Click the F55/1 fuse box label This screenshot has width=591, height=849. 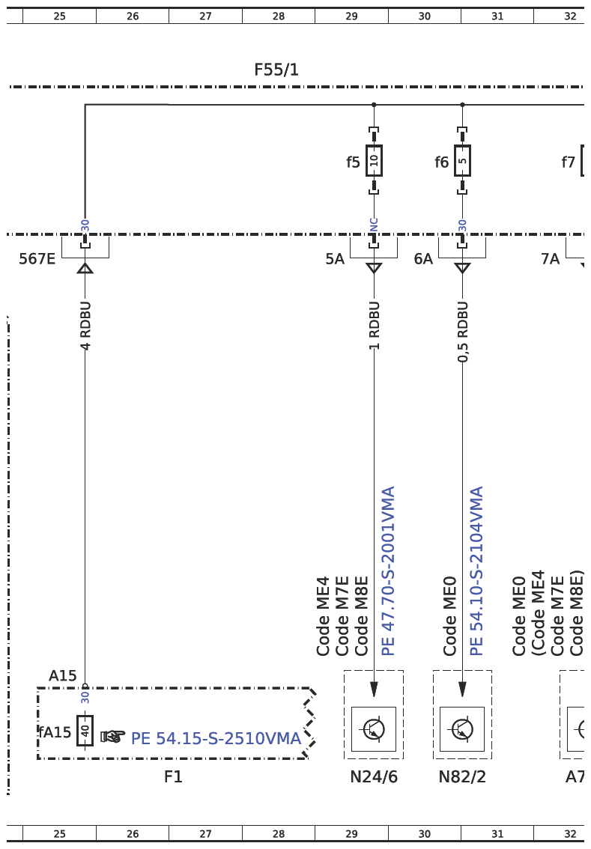(276, 70)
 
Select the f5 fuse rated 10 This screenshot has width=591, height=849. (374, 161)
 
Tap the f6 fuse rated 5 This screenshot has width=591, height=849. (462, 161)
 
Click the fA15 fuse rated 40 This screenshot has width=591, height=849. (85, 731)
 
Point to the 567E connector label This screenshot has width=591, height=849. (37, 259)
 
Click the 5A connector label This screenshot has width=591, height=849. (335, 259)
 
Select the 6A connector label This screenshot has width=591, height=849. (424, 259)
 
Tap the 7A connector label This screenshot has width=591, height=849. (551, 259)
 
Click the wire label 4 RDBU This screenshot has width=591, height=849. (85, 326)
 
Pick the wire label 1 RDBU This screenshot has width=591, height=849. (374, 326)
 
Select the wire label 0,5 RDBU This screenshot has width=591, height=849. (462, 332)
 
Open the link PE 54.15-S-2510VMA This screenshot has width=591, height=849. (216, 738)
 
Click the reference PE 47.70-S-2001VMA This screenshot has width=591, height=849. (388, 571)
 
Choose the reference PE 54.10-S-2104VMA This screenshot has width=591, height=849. (476, 571)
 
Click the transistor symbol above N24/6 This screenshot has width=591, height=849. (374, 728)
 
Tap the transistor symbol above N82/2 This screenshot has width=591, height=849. (462, 728)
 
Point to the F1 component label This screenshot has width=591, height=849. (173, 777)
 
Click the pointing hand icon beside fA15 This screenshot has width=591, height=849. (112, 737)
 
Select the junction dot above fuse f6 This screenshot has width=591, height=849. (462, 105)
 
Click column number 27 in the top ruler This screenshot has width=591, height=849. (205, 16)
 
